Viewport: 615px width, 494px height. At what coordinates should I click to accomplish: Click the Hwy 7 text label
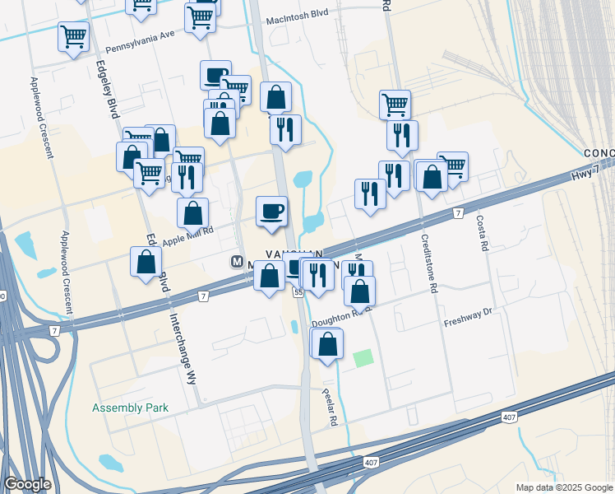(x=584, y=175)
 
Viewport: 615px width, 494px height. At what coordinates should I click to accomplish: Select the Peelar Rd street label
(x=331, y=404)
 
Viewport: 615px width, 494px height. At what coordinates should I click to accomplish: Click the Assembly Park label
(x=130, y=408)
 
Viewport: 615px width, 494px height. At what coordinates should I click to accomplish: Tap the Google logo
(x=27, y=484)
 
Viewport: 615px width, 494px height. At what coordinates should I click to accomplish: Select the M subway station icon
(x=237, y=262)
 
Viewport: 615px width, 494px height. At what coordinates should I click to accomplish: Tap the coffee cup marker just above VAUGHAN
(x=271, y=212)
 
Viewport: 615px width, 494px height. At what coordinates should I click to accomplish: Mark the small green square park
(x=363, y=358)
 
